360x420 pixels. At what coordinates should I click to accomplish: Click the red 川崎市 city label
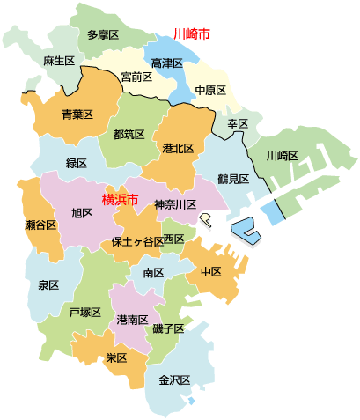tap(192, 34)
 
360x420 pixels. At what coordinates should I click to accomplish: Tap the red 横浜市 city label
tap(120, 200)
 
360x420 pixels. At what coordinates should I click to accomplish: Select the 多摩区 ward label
tap(104, 36)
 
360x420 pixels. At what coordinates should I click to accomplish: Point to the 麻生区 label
tap(58, 62)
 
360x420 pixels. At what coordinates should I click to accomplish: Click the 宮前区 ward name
tap(136, 77)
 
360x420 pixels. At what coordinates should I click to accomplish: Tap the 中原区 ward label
tap(210, 90)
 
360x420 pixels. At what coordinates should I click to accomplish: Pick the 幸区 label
tap(238, 123)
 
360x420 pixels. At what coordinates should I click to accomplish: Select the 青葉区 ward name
tap(77, 114)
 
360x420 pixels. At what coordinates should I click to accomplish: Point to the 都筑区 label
tap(129, 135)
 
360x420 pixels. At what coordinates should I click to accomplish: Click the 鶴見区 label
tap(234, 179)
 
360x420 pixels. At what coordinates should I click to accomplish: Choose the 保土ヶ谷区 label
tap(136, 241)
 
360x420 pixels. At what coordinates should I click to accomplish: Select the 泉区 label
tap(48, 285)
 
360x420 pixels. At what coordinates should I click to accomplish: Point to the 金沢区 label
tap(174, 380)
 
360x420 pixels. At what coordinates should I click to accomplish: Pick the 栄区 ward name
tap(116, 358)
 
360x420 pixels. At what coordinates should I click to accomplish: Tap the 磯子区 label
tap(167, 328)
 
